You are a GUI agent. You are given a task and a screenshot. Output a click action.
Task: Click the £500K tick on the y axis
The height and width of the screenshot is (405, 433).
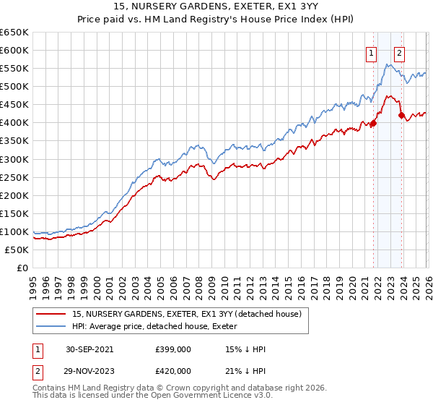click(14, 87)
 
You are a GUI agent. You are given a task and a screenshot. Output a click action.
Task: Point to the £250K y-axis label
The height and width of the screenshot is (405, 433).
click(14, 177)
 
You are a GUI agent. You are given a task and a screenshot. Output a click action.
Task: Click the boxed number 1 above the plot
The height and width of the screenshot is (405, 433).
click(371, 52)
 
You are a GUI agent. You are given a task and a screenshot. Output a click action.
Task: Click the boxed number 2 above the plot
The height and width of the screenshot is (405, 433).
click(399, 52)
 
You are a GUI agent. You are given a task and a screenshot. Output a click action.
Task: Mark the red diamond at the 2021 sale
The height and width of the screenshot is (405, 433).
click(374, 123)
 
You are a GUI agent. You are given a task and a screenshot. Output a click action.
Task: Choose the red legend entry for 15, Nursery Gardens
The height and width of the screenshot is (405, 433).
click(180, 312)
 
